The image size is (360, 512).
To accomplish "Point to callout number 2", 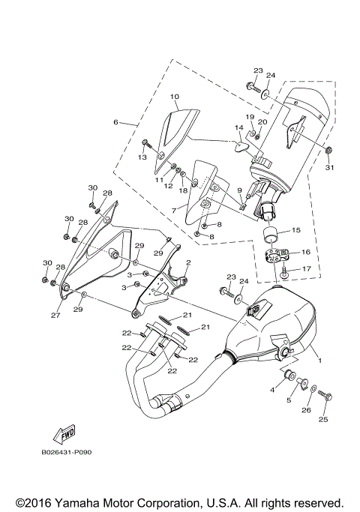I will coord(188,262).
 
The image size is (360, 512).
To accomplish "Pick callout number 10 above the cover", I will coord(174,97).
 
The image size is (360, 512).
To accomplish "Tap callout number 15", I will coord(295,230).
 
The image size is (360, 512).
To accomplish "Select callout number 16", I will coord(305,253).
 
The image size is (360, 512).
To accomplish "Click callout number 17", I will coord(306,268).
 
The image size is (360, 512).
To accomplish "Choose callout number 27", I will coord(55,316).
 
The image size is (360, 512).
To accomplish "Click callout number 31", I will coord(328,167).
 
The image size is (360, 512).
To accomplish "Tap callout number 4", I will coord(272,390).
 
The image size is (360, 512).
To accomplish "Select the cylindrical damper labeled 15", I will coord(271,233).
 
